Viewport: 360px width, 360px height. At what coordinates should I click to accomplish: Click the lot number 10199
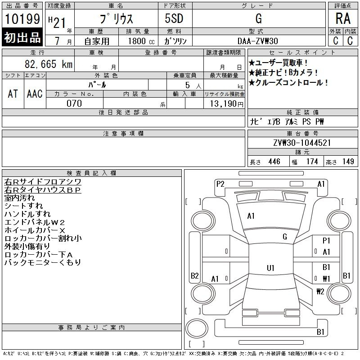click(x=22, y=19)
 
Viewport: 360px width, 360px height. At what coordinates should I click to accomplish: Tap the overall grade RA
click(x=343, y=18)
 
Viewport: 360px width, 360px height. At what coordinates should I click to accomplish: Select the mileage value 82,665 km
click(x=49, y=64)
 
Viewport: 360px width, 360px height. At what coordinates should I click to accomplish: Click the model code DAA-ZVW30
click(x=258, y=41)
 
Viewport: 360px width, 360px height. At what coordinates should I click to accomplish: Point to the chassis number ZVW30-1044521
click(x=302, y=143)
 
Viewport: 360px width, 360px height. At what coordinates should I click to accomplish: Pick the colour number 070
click(x=74, y=103)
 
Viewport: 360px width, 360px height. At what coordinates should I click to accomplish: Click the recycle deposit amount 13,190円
click(x=227, y=104)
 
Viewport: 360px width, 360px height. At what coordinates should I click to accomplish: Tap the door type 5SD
click(x=174, y=18)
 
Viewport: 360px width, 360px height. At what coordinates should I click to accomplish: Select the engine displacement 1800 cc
click(x=141, y=41)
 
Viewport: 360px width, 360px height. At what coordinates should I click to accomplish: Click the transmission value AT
click(x=13, y=94)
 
